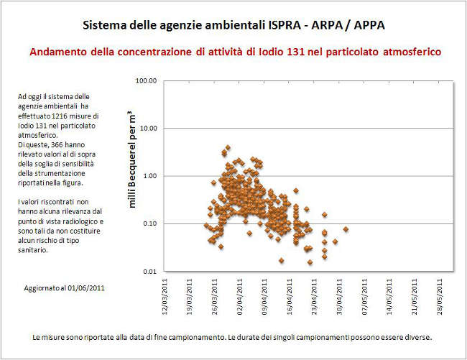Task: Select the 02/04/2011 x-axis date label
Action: [242, 296]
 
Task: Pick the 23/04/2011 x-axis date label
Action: [318, 296]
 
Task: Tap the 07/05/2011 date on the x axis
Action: [368, 296]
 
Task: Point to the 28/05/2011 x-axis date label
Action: [443, 296]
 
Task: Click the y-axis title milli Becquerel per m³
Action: [131, 160]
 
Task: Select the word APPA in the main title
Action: [366, 26]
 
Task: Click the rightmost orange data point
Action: [346, 229]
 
